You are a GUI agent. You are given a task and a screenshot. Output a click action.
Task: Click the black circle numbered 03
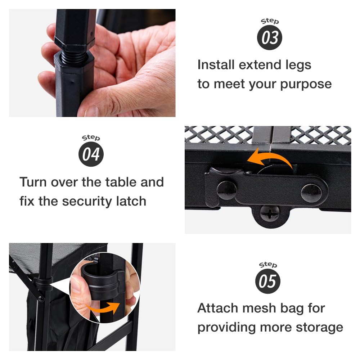pyautogui.click(x=270, y=37)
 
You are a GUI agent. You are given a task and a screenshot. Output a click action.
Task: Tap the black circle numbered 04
pyautogui.click(x=91, y=154)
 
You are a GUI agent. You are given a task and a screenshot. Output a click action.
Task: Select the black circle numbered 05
pyautogui.click(x=268, y=281)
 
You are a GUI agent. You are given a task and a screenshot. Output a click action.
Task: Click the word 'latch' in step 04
pyautogui.click(x=131, y=201)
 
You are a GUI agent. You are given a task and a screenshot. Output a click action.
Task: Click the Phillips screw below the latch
pyautogui.click(x=270, y=213)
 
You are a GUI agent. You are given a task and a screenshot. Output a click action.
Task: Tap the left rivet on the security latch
pyautogui.click(x=226, y=190)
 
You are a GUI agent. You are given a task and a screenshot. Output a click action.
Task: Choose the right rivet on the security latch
pyautogui.click(x=311, y=193)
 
